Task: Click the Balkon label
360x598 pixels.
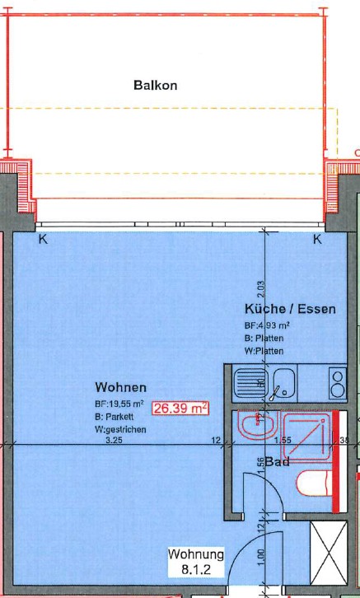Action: (x=155, y=85)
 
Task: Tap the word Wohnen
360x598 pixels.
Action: (x=120, y=387)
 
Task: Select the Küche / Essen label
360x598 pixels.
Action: (x=289, y=310)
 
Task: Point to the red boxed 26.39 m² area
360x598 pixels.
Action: (x=180, y=406)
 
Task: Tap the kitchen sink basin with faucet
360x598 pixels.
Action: (x=285, y=383)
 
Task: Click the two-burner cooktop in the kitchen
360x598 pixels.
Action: (x=337, y=383)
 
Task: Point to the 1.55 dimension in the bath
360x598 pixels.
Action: (x=283, y=441)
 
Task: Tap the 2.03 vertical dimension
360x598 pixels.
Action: (x=260, y=289)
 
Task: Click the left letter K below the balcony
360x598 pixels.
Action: (x=43, y=240)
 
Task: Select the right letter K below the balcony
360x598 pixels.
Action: (x=316, y=240)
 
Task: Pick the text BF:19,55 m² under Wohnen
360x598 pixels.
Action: (x=119, y=404)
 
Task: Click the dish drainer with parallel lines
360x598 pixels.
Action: (x=247, y=383)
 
